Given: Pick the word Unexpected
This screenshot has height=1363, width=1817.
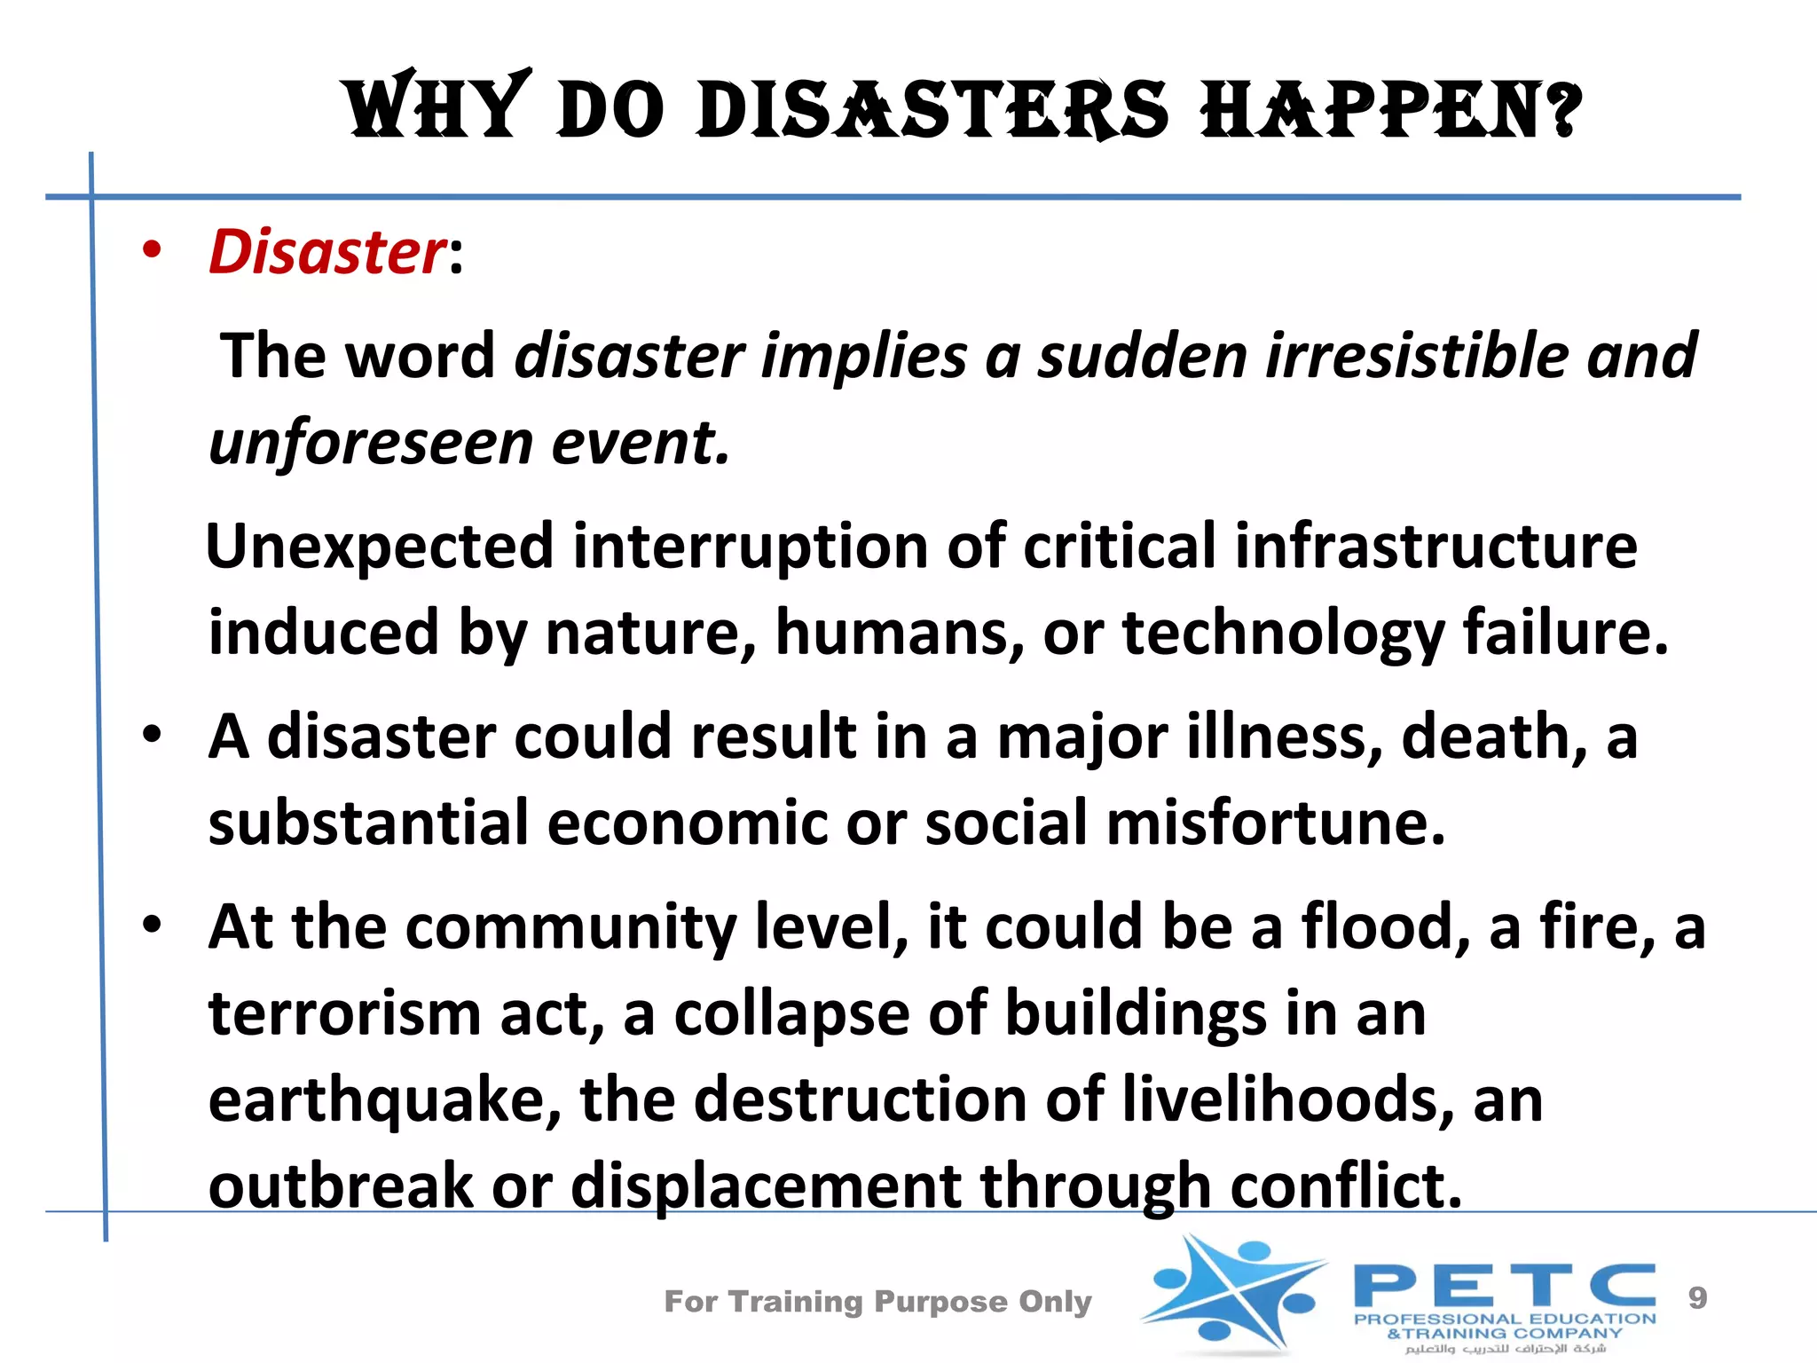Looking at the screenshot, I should (x=380, y=546).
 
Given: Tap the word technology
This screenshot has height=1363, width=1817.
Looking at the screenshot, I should (x=1283, y=633).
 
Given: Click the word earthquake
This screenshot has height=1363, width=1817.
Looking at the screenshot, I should (x=385, y=1100).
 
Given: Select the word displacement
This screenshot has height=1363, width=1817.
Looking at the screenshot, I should (x=766, y=1186).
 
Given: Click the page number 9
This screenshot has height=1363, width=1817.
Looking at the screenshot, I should (x=1697, y=1298).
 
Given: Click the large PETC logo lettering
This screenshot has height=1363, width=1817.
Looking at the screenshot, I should (x=1505, y=1285).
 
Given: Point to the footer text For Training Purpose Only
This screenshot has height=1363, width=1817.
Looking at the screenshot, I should (x=877, y=1302).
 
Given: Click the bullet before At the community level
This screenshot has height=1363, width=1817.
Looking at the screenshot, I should (x=153, y=925).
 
